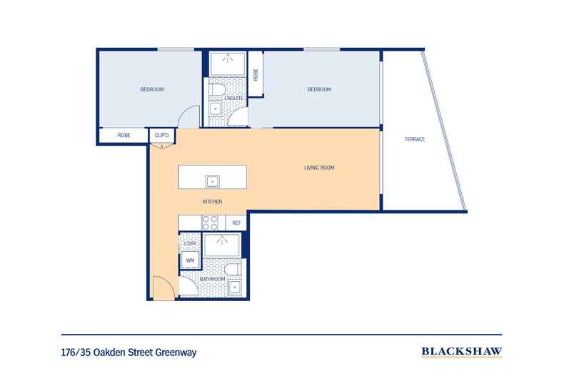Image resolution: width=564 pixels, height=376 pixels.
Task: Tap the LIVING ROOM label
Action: tap(319, 168)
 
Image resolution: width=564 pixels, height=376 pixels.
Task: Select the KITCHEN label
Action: tap(212, 202)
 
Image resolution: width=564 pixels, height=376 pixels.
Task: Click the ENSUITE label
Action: tap(234, 98)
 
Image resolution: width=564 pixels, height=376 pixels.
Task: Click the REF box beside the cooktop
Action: tap(236, 223)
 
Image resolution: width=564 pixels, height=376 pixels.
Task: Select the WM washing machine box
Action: tap(191, 261)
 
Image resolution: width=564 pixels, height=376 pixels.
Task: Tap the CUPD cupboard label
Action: tap(161, 135)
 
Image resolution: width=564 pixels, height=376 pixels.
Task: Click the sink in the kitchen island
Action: tap(212, 181)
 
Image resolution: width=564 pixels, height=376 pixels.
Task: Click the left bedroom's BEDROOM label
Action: tap(152, 89)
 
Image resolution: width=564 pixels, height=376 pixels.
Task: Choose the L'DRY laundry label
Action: tap(190, 245)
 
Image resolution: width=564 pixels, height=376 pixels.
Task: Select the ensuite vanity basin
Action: tap(215, 109)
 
